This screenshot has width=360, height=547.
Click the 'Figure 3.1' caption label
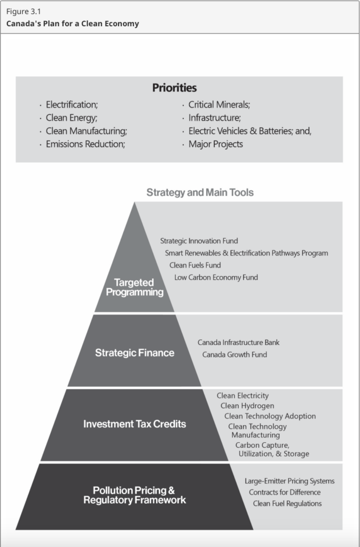tap(24, 12)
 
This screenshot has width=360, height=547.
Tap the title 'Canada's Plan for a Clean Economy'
tap(73, 24)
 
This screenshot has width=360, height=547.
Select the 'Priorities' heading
tap(175, 88)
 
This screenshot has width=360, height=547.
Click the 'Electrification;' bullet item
tap(72, 105)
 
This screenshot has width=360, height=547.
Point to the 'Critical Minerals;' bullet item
tap(219, 105)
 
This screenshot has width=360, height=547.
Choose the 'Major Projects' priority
tap(216, 144)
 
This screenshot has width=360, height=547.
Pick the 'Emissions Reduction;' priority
tap(85, 144)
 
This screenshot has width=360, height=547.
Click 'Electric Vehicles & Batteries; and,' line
tap(250, 131)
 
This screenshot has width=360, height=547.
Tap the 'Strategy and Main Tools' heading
tap(200, 192)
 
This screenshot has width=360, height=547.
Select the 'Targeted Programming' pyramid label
tap(135, 287)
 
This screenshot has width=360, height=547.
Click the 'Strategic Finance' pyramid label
tap(135, 353)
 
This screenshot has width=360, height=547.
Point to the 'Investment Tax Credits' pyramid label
tap(135, 424)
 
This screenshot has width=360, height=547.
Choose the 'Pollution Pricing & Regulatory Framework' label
tap(135, 495)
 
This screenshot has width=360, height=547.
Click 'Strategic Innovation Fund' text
tap(199, 241)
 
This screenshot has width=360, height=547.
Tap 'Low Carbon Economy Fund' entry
tap(216, 277)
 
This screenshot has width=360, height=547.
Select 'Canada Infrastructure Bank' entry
tap(238, 342)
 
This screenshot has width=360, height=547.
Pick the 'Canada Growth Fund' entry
tap(234, 355)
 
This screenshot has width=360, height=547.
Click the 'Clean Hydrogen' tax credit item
tap(247, 406)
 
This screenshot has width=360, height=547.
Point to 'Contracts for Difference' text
tap(285, 492)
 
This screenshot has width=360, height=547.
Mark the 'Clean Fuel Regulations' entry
tap(287, 503)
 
